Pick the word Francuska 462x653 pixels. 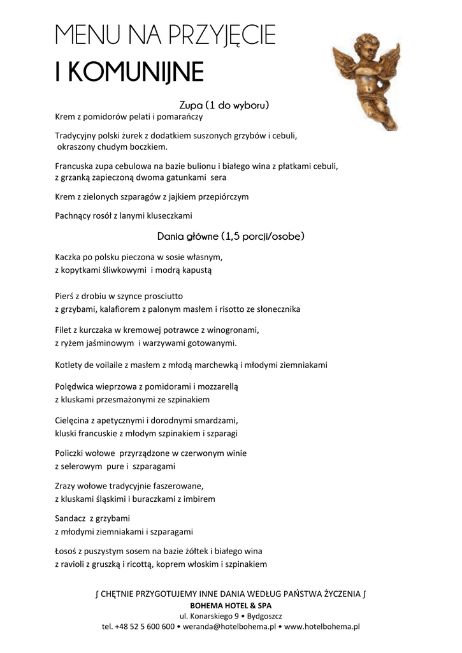[75, 166]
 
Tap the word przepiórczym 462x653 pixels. [224, 196]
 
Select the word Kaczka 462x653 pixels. [69, 258]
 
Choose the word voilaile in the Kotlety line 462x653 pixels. [110, 365]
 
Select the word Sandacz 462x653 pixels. [71, 517]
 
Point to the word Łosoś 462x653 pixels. [67, 551]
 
